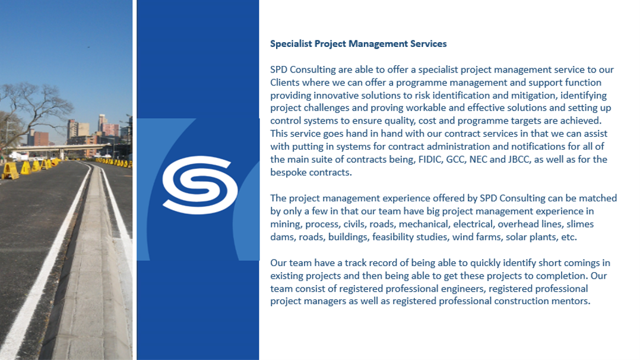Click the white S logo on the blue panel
coord(199,185)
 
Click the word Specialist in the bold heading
coord(291,44)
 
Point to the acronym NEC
coord(478,159)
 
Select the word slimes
coord(580,224)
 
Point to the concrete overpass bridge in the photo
coord(61,148)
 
